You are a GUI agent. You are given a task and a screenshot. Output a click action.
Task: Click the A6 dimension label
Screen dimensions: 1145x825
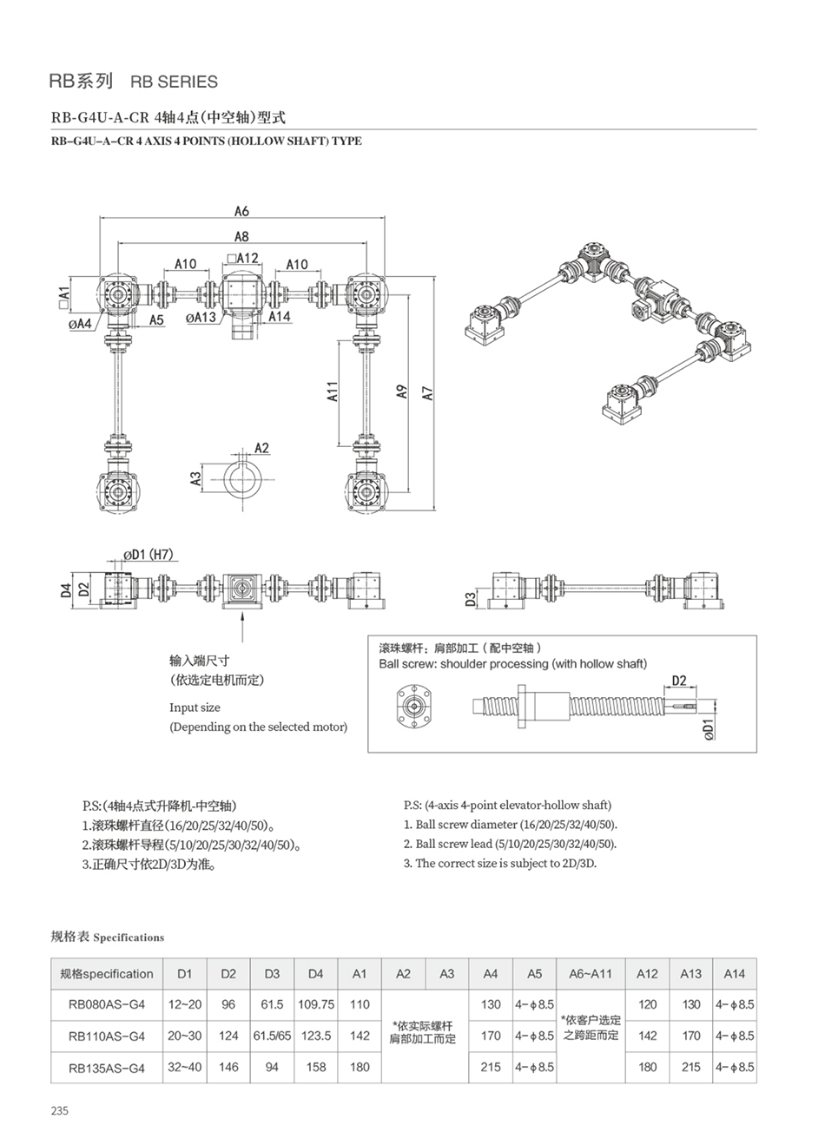pos(241,211)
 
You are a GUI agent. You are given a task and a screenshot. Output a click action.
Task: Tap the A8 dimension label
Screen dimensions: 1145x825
pos(241,236)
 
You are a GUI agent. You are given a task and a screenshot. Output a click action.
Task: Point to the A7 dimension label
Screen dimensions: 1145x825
pos(427,392)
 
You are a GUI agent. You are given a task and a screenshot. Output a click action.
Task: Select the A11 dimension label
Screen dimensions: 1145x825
pos(333,392)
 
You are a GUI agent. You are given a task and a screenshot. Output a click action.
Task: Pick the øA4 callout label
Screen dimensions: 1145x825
pos(80,324)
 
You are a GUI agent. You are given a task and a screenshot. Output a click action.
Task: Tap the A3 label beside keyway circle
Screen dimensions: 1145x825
pos(196,477)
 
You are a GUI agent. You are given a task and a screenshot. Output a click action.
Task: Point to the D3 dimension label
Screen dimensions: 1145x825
pos(470,599)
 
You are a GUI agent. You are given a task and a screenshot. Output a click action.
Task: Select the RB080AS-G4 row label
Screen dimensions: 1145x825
pos(106,1004)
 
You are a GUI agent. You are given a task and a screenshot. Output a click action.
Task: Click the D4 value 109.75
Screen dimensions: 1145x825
pos(316,1004)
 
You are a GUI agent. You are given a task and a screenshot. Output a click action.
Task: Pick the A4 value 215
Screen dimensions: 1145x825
pos(491,1067)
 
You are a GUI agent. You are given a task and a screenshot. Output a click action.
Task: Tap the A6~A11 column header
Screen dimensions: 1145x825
pos(591,974)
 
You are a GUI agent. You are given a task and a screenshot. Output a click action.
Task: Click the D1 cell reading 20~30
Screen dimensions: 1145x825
pos(185,1036)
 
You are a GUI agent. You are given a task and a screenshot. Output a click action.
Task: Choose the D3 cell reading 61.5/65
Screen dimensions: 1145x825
pos(272,1036)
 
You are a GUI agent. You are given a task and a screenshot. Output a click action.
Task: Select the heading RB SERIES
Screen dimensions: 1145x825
pos(173,82)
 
